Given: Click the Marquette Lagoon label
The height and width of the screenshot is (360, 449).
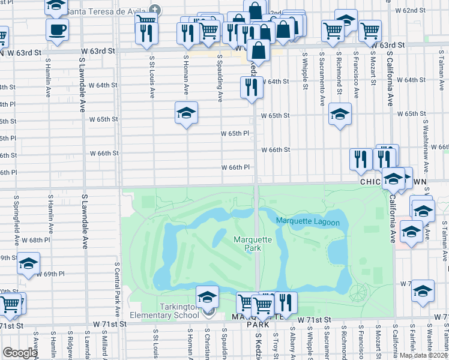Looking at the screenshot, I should [307, 222].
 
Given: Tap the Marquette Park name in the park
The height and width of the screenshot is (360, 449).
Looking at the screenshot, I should [253, 244].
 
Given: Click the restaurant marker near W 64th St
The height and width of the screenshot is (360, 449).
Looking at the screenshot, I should [251, 88].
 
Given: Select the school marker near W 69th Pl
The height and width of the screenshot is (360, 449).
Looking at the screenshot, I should [28, 264].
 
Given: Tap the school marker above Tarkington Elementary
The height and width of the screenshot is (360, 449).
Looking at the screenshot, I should [207, 298].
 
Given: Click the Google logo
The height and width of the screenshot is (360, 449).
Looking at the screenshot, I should [20, 353].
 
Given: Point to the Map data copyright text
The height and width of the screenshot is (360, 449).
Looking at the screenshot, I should [423, 355].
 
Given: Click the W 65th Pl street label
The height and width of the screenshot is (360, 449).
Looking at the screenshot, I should [234, 133].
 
